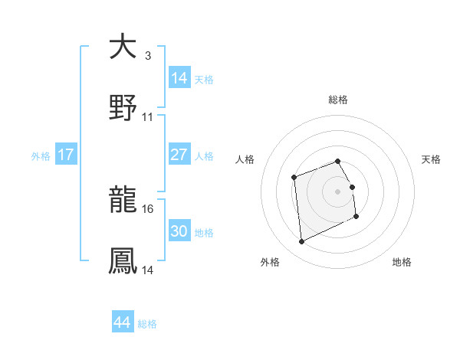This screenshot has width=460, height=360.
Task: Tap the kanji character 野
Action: tap(123, 108)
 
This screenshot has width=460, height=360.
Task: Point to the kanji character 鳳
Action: tap(123, 260)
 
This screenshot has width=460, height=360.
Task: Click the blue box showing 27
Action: tap(179, 155)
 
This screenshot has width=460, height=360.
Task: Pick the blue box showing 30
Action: tap(179, 231)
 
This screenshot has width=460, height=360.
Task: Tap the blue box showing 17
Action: tap(66, 155)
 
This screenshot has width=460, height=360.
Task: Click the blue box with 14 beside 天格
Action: tap(179, 78)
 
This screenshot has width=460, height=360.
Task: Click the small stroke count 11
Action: tap(148, 117)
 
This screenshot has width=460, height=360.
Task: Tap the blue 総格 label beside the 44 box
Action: tap(147, 324)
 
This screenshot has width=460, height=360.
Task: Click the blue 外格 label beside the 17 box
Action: tap(41, 155)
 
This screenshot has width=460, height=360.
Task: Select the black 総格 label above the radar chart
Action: tap(338, 100)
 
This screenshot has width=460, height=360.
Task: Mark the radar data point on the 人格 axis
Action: tap(294, 178)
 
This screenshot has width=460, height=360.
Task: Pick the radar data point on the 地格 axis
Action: tap(356, 218)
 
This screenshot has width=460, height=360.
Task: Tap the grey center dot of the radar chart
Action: tap(338, 191)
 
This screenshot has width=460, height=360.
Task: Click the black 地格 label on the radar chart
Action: tap(402, 262)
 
